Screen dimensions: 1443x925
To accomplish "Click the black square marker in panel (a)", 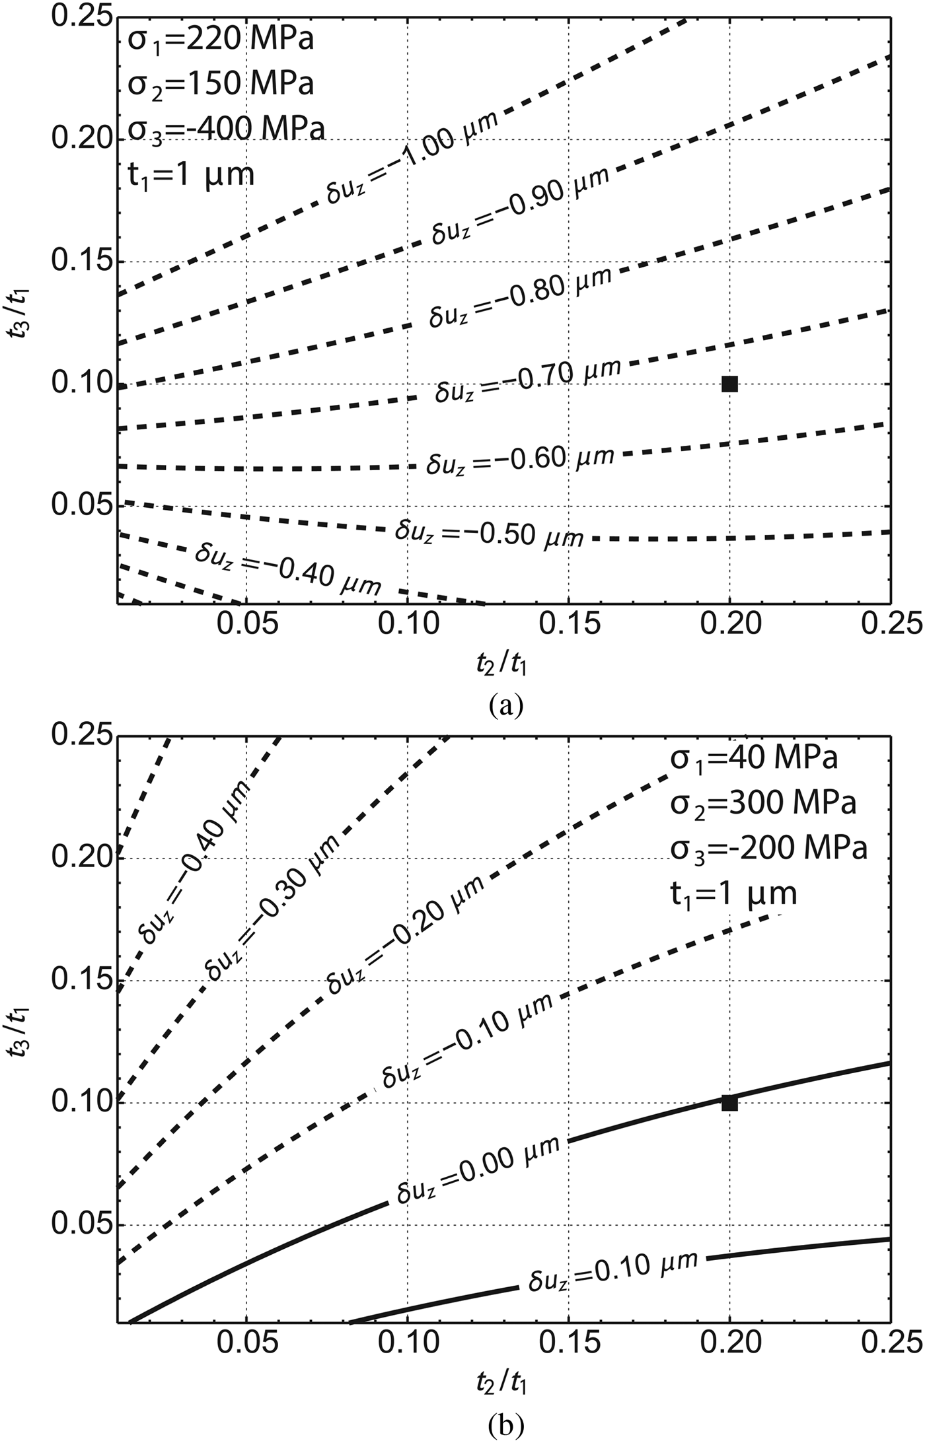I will [729, 384].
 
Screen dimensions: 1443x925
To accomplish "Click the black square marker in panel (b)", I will [729, 1103].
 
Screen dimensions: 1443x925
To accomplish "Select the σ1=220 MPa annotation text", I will [220, 41].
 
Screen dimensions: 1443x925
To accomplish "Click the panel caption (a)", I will [506, 706].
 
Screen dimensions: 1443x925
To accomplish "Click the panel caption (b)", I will [506, 1425].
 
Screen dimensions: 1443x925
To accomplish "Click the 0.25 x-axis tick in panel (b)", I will [889, 1341].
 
